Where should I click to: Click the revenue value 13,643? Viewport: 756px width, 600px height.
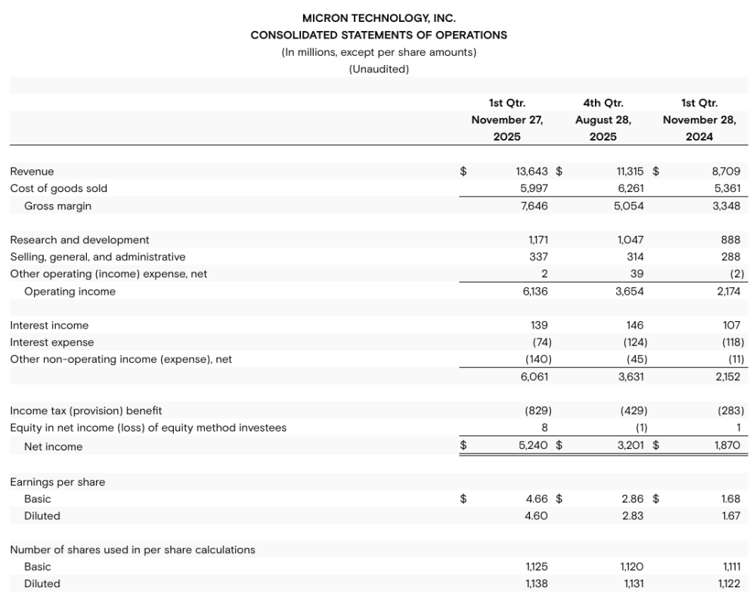pyautogui.click(x=531, y=172)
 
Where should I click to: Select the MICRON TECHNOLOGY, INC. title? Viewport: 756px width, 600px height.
pyautogui.click(x=379, y=17)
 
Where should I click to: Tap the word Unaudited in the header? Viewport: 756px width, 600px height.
pyautogui.click(x=379, y=69)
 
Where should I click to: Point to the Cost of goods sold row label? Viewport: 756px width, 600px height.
pyautogui.click(x=59, y=188)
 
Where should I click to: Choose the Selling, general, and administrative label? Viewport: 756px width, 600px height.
pyautogui.click(x=98, y=257)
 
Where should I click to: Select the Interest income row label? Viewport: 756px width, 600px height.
pyautogui.click(x=49, y=325)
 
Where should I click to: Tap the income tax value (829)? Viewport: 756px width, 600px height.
pyautogui.click(x=537, y=410)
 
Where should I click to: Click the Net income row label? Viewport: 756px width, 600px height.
pyautogui.click(x=53, y=447)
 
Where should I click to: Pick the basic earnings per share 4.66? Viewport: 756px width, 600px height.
pyautogui.click(x=536, y=499)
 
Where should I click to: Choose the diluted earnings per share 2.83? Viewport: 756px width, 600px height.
pyautogui.click(x=633, y=515)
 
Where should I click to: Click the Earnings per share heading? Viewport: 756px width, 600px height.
pyautogui.click(x=57, y=481)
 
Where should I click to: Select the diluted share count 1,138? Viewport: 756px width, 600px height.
pyautogui.click(x=536, y=583)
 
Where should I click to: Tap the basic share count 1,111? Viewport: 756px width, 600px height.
pyautogui.click(x=730, y=567)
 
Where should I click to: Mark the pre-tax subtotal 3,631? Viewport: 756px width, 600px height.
pyautogui.click(x=630, y=376)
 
